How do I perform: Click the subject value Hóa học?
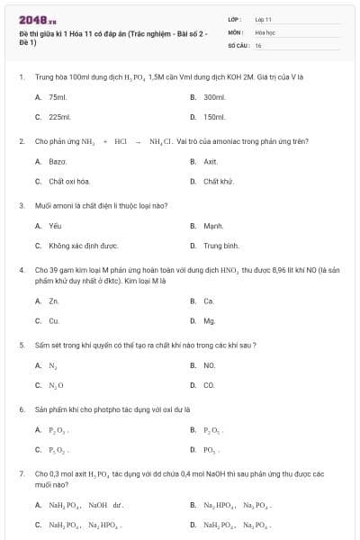[x=265, y=31]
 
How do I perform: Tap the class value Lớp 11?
[x=263, y=19]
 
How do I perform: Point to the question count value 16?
[x=258, y=44]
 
